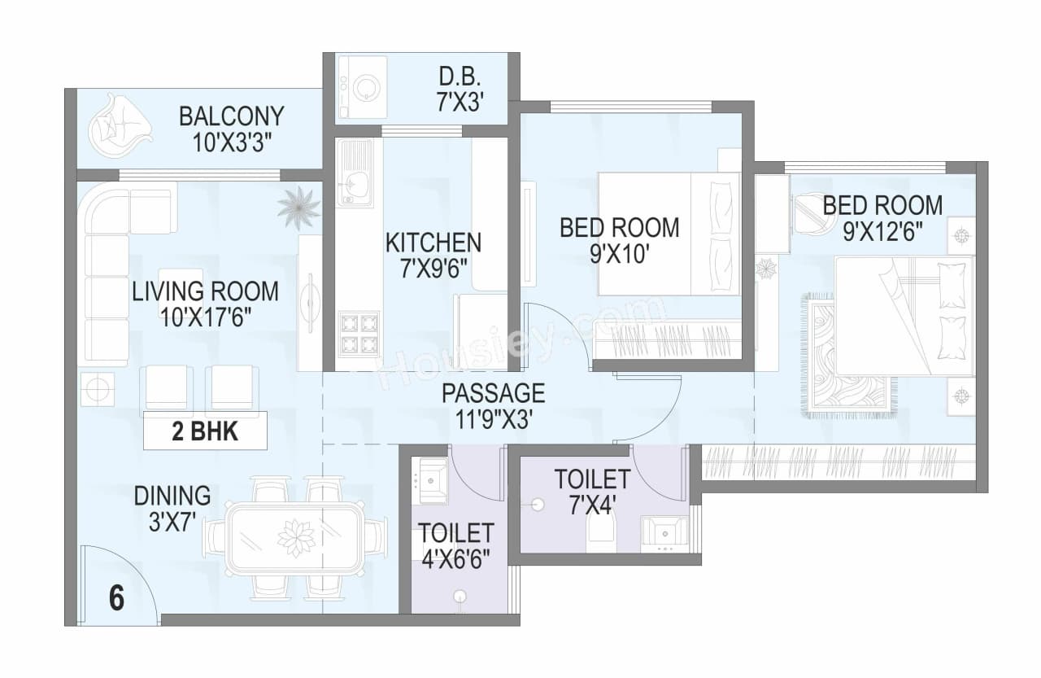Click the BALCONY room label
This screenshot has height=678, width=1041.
[x=232, y=116]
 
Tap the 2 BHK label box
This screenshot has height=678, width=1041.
[x=205, y=431]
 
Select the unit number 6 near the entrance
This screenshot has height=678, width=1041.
[x=116, y=599]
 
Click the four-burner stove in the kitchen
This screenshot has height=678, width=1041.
[x=358, y=333]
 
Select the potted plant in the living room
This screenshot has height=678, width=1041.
[x=298, y=207]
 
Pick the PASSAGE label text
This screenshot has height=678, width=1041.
[x=493, y=393]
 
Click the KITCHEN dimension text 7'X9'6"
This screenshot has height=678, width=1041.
[x=433, y=268]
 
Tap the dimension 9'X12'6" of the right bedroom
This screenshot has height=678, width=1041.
[x=882, y=231]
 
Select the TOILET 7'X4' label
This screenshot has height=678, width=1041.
[x=592, y=491]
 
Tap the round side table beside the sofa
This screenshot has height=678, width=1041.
[x=97, y=389]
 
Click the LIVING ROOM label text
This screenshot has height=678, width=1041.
[x=205, y=291]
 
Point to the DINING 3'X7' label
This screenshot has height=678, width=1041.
[x=172, y=506]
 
